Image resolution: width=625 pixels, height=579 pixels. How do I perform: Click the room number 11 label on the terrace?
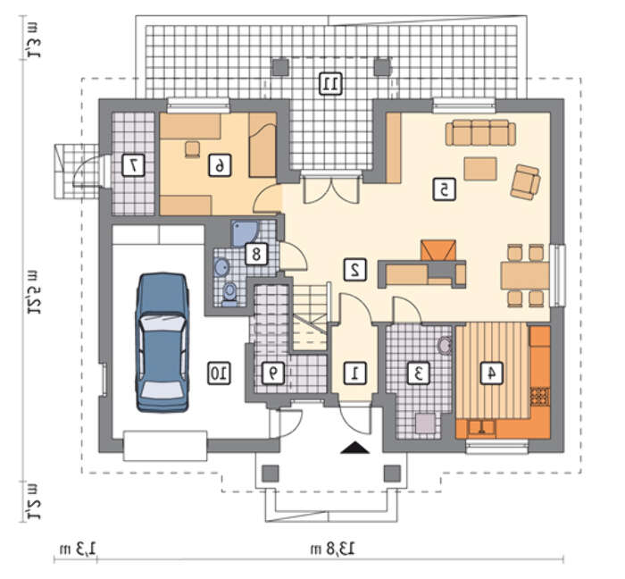click(x=331, y=84)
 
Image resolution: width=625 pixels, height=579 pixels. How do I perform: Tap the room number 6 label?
click(x=220, y=165)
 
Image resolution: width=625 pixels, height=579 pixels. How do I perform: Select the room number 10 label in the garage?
click(x=220, y=373)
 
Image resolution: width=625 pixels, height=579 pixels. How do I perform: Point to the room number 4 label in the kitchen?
click(x=491, y=373)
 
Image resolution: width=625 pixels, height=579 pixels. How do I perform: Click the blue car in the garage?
click(x=163, y=342)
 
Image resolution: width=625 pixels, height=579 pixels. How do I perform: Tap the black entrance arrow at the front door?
click(x=355, y=448)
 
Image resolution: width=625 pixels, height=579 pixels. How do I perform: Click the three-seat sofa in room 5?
click(x=480, y=133)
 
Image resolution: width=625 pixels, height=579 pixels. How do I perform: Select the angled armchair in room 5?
click(x=525, y=182)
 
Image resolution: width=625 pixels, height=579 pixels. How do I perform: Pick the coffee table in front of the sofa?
click(x=480, y=169)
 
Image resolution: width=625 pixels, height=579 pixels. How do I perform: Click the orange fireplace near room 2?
click(x=438, y=250)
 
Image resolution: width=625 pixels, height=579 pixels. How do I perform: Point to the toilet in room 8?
click(x=229, y=293)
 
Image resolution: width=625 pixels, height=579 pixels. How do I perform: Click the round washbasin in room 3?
click(x=445, y=345)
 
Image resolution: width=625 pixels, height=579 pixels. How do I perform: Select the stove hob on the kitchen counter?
click(x=540, y=397)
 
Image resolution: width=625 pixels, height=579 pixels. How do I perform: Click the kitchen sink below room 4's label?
click(x=482, y=428)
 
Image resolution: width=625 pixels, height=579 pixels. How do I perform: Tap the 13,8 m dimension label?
click(x=332, y=549)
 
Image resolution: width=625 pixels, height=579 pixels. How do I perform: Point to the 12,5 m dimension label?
click(x=32, y=292)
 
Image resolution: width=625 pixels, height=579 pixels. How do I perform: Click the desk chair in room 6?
click(x=194, y=149)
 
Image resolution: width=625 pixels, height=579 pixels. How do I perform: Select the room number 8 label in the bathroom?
click(x=256, y=254)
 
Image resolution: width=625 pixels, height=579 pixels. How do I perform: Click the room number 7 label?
click(x=133, y=165)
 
